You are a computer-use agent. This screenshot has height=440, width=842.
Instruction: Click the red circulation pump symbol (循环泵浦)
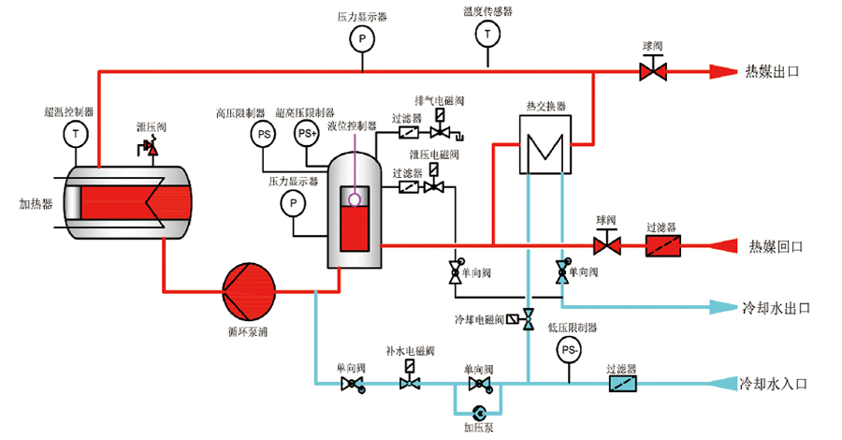tap(248, 287)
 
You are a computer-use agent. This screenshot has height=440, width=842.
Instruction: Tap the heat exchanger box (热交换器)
tap(545, 145)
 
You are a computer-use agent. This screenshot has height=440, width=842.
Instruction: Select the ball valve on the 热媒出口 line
tap(651, 70)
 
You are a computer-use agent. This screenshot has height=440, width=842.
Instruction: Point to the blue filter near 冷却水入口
tap(621, 384)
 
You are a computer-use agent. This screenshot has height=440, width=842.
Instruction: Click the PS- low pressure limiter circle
tap(570, 349)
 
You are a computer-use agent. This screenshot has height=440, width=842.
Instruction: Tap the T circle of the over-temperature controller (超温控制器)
tap(76, 134)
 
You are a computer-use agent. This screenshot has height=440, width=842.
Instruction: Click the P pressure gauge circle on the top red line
tap(361, 38)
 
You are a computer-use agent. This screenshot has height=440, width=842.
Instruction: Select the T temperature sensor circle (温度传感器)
tap(486, 34)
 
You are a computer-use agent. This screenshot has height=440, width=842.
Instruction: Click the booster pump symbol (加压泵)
tap(479, 412)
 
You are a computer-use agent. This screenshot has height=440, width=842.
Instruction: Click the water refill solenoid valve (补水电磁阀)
tap(409, 384)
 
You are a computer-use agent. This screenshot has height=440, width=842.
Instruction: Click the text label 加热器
tap(36, 202)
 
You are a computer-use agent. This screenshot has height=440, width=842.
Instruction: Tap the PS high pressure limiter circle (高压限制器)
tap(264, 135)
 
